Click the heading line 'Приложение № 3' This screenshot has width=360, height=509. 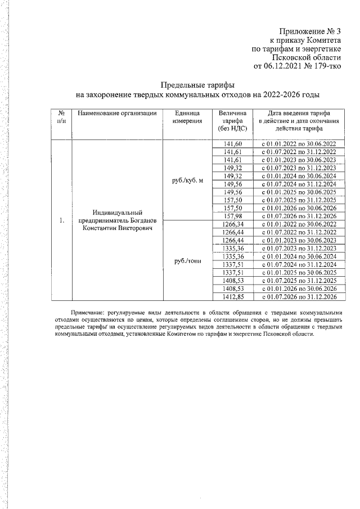(x=311, y=32)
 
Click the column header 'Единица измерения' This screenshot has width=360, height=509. (x=184, y=117)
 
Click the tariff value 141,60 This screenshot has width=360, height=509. (x=232, y=145)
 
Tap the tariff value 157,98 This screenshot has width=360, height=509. (x=232, y=216)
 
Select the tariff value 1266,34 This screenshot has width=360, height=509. (x=232, y=224)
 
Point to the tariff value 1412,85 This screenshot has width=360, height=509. (x=232, y=296)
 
